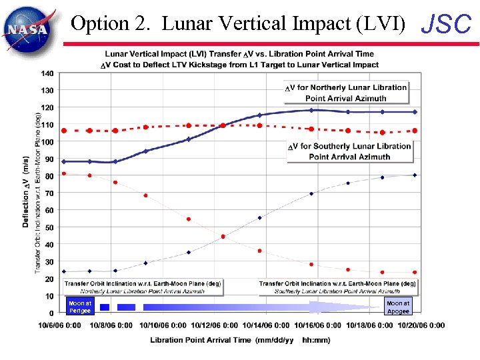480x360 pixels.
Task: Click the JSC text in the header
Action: coord(447,25)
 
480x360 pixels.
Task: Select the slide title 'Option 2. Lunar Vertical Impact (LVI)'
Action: coord(238,24)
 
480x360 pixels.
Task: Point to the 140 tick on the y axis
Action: coord(47,73)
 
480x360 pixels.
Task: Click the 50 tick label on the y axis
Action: coord(50,227)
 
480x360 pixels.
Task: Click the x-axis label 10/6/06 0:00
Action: coord(60,325)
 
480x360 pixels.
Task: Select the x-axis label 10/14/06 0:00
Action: coord(265,325)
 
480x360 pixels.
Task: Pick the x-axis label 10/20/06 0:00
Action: coord(419,325)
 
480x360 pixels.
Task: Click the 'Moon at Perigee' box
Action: coord(79,307)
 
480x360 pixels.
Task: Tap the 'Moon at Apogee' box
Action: coord(398,307)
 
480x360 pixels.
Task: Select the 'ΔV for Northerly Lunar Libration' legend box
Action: coord(345,93)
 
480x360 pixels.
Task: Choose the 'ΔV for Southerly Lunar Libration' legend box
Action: coord(350,151)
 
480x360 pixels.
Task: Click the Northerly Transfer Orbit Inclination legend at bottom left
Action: coord(143,287)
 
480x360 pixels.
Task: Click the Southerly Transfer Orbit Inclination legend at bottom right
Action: coord(338,287)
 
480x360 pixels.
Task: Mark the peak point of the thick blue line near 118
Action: coord(311,110)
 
